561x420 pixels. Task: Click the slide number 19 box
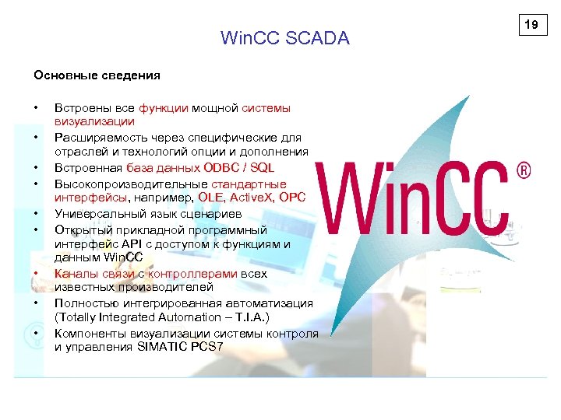pos(531,25)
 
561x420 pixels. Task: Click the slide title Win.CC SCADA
pos(285,38)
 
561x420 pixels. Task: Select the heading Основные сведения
pos(97,75)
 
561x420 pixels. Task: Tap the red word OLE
pos(210,198)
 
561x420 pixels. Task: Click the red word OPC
pos(293,198)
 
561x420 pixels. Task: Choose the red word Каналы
pos(75,274)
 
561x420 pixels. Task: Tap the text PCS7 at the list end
pos(206,347)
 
